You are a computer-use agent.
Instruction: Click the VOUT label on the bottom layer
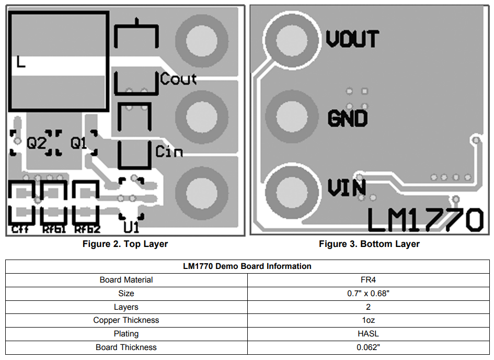pos(352,39)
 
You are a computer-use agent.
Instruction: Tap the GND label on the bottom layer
pos(348,118)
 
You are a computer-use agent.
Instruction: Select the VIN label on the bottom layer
pos(346,187)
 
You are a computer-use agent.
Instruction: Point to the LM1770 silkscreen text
pos(425,220)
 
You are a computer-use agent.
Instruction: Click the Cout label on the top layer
pos(178,80)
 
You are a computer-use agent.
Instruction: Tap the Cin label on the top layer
pos(169,152)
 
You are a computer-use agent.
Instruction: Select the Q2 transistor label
pos(37,143)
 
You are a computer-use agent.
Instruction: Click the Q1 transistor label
pos(79,142)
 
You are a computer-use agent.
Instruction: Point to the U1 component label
pos(131,228)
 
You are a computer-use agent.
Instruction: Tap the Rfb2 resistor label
pos(87,229)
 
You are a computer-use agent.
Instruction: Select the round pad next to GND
pos(292,116)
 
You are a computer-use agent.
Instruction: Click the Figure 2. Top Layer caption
pos(125,244)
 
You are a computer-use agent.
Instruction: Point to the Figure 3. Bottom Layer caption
pos(369,244)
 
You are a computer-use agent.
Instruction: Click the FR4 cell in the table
pos(369,280)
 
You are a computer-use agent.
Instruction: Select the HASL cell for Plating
pos(369,333)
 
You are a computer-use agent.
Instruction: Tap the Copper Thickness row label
pos(126,320)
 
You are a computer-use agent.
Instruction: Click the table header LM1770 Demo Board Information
pos(247,266)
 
